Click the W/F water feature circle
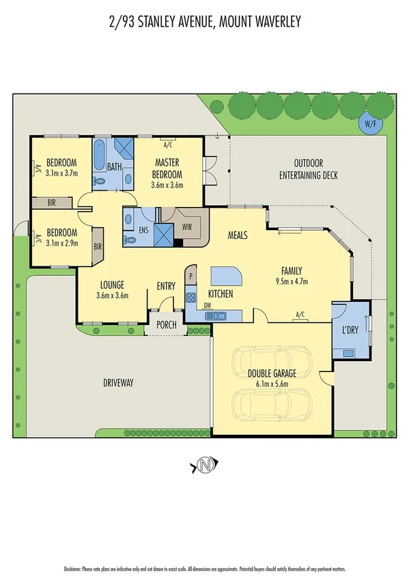point(370,124)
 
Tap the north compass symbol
point(204,466)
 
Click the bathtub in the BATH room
point(100,156)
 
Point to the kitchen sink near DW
point(218,315)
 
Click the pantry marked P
point(191,277)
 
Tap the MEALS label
point(237,235)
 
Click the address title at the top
point(204,23)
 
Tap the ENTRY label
point(166,286)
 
